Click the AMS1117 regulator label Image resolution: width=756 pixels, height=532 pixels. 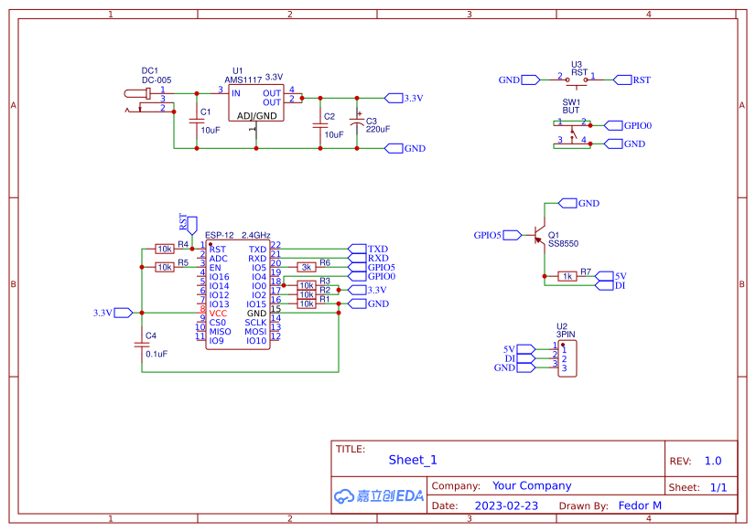tap(243, 80)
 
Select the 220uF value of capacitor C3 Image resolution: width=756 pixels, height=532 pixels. tap(378, 129)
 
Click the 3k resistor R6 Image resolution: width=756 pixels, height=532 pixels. tap(307, 267)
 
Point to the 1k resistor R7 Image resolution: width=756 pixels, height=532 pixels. tap(567, 276)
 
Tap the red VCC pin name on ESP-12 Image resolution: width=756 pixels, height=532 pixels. tap(218, 313)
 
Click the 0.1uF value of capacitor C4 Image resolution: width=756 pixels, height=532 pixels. tap(155, 354)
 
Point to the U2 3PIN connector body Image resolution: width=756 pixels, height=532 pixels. tap(567, 358)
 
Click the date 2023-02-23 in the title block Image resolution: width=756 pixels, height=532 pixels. tap(506, 505)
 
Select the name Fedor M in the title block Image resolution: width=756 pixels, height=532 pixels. tap(640, 505)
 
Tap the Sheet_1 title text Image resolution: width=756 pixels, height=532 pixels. tap(413, 461)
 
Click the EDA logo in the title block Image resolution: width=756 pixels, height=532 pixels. tap(379, 495)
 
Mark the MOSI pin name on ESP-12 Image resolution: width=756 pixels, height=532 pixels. tap(255, 331)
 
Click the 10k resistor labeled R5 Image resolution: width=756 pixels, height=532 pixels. tap(165, 267)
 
